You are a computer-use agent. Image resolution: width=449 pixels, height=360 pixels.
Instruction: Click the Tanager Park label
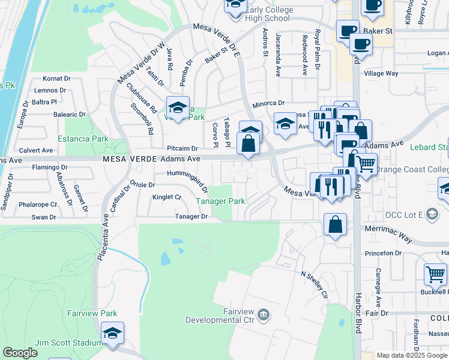(x=221, y=201)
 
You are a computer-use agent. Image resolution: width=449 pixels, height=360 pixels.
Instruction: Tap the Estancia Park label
(x=83, y=139)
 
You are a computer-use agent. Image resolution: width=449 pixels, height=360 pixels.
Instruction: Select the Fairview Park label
(x=92, y=313)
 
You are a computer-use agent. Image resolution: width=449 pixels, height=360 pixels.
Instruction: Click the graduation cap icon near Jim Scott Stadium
(x=112, y=334)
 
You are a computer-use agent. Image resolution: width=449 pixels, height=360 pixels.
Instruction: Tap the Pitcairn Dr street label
(x=182, y=148)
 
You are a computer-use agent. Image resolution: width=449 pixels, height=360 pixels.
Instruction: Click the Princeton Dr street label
(x=379, y=253)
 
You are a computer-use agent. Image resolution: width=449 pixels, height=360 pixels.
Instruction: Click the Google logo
(x=20, y=353)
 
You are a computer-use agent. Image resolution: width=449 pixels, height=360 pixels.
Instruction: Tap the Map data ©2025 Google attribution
(x=412, y=355)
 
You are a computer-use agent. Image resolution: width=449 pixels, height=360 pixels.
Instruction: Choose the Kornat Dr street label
(x=57, y=79)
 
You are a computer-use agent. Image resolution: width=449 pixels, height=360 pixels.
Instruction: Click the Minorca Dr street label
(x=268, y=103)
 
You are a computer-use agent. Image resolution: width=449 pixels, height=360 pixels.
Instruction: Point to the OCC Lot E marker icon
(x=432, y=214)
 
